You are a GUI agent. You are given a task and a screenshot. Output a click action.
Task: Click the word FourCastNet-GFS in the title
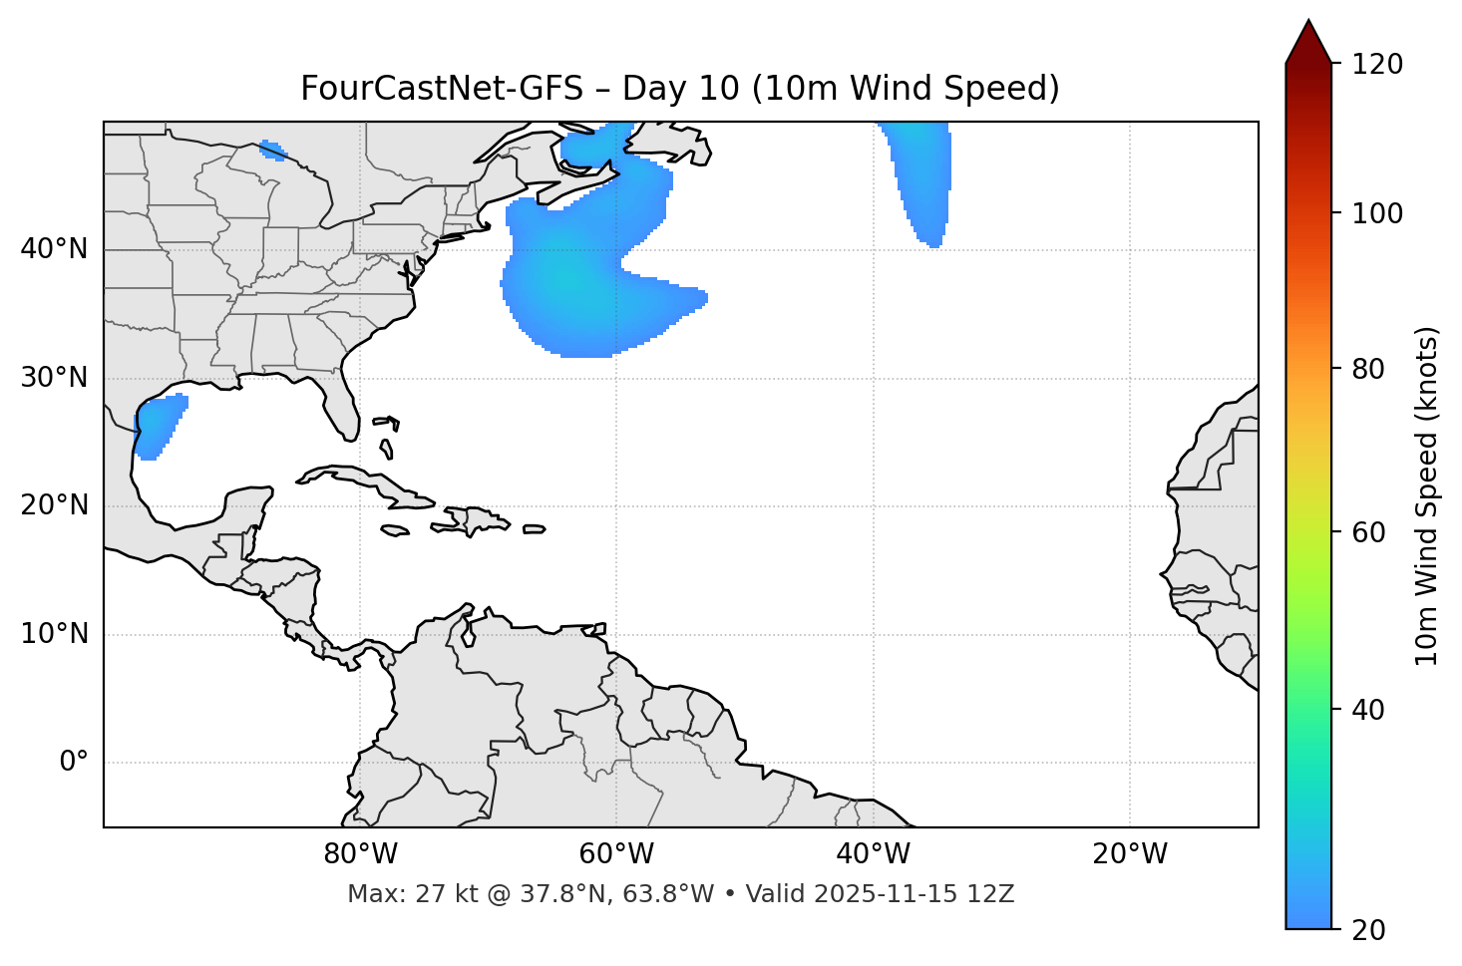point(441,89)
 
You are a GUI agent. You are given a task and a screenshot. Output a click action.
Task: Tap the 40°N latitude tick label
point(54,249)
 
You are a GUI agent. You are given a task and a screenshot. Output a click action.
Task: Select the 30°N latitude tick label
point(54,378)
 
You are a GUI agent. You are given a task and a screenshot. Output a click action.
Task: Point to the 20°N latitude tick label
point(54,505)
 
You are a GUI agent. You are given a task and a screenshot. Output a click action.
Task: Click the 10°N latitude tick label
point(54,634)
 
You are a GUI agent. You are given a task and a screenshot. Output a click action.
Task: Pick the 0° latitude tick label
point(74,763)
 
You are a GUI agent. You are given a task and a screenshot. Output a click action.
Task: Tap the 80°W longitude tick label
point(360,854)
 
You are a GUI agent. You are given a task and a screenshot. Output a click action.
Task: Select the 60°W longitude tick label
point(616,854)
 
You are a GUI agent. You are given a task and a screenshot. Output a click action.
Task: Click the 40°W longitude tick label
point(873,854)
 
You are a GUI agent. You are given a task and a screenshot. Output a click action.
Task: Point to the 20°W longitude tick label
point(1129,854)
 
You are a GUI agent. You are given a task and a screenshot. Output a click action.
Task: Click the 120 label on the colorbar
point(1378,65)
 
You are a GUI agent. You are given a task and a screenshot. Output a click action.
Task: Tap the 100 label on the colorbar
point(1378,213)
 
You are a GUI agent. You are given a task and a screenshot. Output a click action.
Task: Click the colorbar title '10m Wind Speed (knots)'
point(1427,495)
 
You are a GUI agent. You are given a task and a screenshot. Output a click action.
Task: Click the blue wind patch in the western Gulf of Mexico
point(157,424)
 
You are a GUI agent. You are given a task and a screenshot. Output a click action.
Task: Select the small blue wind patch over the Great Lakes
point(272,151)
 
